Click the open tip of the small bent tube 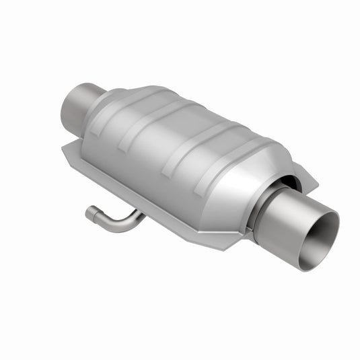pyautogui.click(x=89, y=214)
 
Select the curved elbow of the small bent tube pyautogui.click(x=108, y=224)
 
